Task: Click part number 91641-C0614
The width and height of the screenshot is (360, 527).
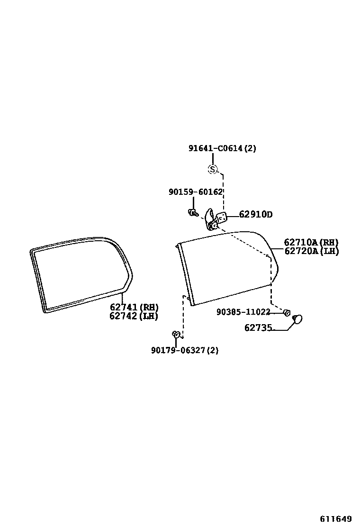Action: point(222,148)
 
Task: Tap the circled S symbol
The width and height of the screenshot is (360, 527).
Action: point(213,169)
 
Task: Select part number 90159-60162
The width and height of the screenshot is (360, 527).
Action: point(195,192)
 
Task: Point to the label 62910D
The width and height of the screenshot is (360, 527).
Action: point(255,215)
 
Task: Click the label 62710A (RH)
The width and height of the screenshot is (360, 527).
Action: point(311,243)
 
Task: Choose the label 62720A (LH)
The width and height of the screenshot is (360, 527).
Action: point(311,251)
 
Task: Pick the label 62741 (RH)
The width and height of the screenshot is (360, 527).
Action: point(134,307)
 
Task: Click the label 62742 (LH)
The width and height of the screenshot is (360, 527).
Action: point(134,316)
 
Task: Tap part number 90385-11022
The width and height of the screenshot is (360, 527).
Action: point(243,312)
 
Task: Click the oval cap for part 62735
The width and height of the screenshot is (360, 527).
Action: point(297,320)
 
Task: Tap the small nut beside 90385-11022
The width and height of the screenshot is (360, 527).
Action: point(287,312)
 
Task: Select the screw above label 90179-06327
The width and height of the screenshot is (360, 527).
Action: point(176,335)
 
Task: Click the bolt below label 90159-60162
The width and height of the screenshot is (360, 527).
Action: point(192,213)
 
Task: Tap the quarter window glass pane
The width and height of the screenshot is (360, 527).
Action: point(227,268)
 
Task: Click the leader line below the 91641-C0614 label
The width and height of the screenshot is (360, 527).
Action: point(213,158)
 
